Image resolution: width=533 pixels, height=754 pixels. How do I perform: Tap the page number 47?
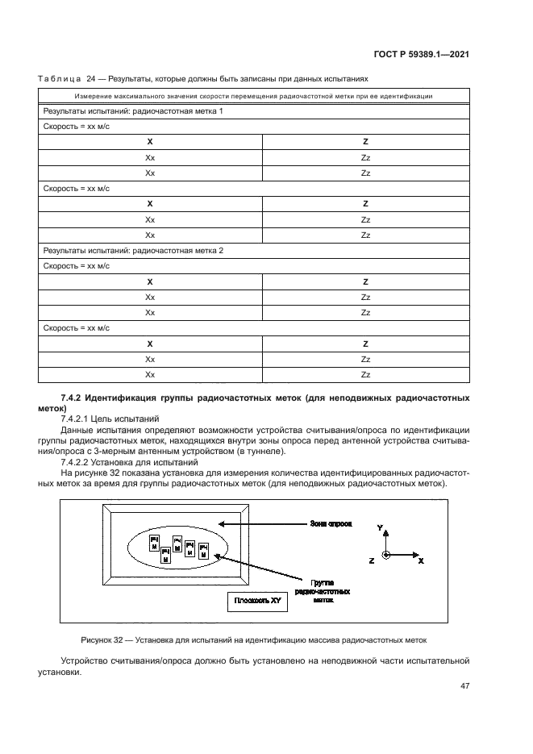tap(465, 686)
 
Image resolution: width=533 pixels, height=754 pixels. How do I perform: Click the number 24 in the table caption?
tap(90, 80)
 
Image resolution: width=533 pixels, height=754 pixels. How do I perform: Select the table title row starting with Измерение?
tap(254, 96)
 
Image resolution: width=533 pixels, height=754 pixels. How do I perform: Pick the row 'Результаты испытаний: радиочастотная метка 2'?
tap(133, 251)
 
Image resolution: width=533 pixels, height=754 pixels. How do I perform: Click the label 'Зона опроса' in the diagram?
tap(331, 523)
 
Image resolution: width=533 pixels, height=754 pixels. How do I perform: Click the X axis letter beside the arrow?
tap(421, 559)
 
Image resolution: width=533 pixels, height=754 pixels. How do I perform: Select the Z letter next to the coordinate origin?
tap(371, 559)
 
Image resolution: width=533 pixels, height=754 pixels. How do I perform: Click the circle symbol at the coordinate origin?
tap(387, 556)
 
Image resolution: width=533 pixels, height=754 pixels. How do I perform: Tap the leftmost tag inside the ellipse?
tap(154, 544)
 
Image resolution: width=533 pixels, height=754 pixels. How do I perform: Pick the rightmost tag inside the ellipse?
tap(203, 552)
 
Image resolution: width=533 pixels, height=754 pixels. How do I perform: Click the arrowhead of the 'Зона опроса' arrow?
tap(223, 524)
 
